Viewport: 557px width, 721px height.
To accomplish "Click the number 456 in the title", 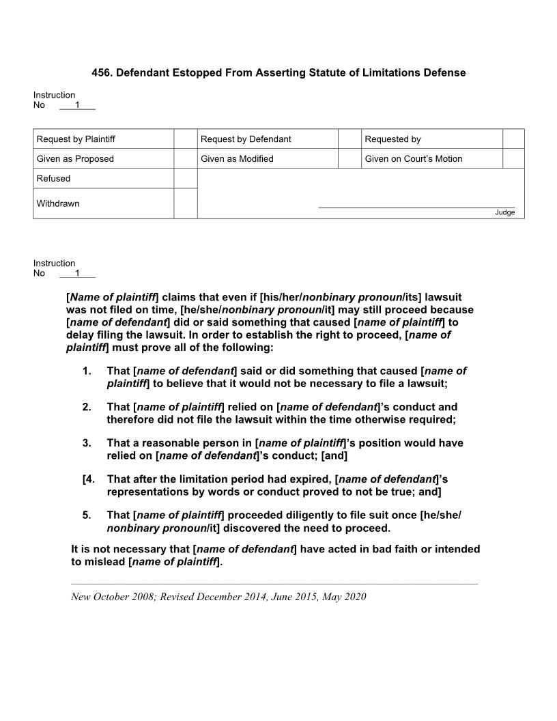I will [x=101, y=72].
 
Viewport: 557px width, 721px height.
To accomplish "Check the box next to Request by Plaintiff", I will [x=185, y=139].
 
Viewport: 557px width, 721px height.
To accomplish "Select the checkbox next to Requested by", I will [x=513, y=139].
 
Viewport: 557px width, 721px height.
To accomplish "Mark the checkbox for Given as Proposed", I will [x=185, y=158].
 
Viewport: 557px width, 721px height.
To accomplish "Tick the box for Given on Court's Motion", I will [x=513, y=158].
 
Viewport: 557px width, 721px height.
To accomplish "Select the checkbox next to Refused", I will [x=185, y=178].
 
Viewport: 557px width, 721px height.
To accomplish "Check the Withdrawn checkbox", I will [x=185, y=203].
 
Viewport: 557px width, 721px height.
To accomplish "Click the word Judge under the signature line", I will [x=505, y=212].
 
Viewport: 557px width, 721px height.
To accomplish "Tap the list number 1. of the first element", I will [x=87, y=371].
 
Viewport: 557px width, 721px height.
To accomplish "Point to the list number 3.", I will [x=87, y=443].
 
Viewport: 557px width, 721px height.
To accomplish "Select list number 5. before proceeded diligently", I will [x=87, y=515].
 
